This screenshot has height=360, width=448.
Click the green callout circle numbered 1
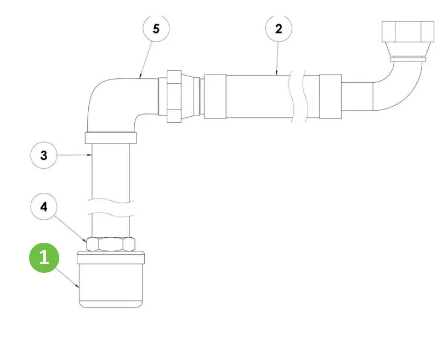pos(44,258)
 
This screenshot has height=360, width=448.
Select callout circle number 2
pos(279,28)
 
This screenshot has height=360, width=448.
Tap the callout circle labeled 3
pos(44,155)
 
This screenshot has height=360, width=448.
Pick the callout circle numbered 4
pos(44,207)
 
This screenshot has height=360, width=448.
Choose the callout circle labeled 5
pos(156,28)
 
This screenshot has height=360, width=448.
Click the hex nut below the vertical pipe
pos(111,244)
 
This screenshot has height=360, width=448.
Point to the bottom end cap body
pos(111,285)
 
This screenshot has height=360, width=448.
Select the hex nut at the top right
pos(408,31)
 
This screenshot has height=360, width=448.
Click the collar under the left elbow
pos(111,138)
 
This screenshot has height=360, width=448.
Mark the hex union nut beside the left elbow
pos(174,96)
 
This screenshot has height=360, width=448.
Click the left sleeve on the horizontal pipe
pos(215,96)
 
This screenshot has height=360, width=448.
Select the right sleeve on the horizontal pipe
pos(330,96)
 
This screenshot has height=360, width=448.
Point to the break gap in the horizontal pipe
pos(298,96)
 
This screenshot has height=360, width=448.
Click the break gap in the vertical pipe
pos(111,208)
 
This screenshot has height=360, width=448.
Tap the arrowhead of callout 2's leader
pos(276,73)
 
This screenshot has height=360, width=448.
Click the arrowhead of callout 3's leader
pos(90,155)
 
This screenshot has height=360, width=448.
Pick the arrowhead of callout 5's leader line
pos(140,77)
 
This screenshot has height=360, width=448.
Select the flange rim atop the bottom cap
pos(111,258)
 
